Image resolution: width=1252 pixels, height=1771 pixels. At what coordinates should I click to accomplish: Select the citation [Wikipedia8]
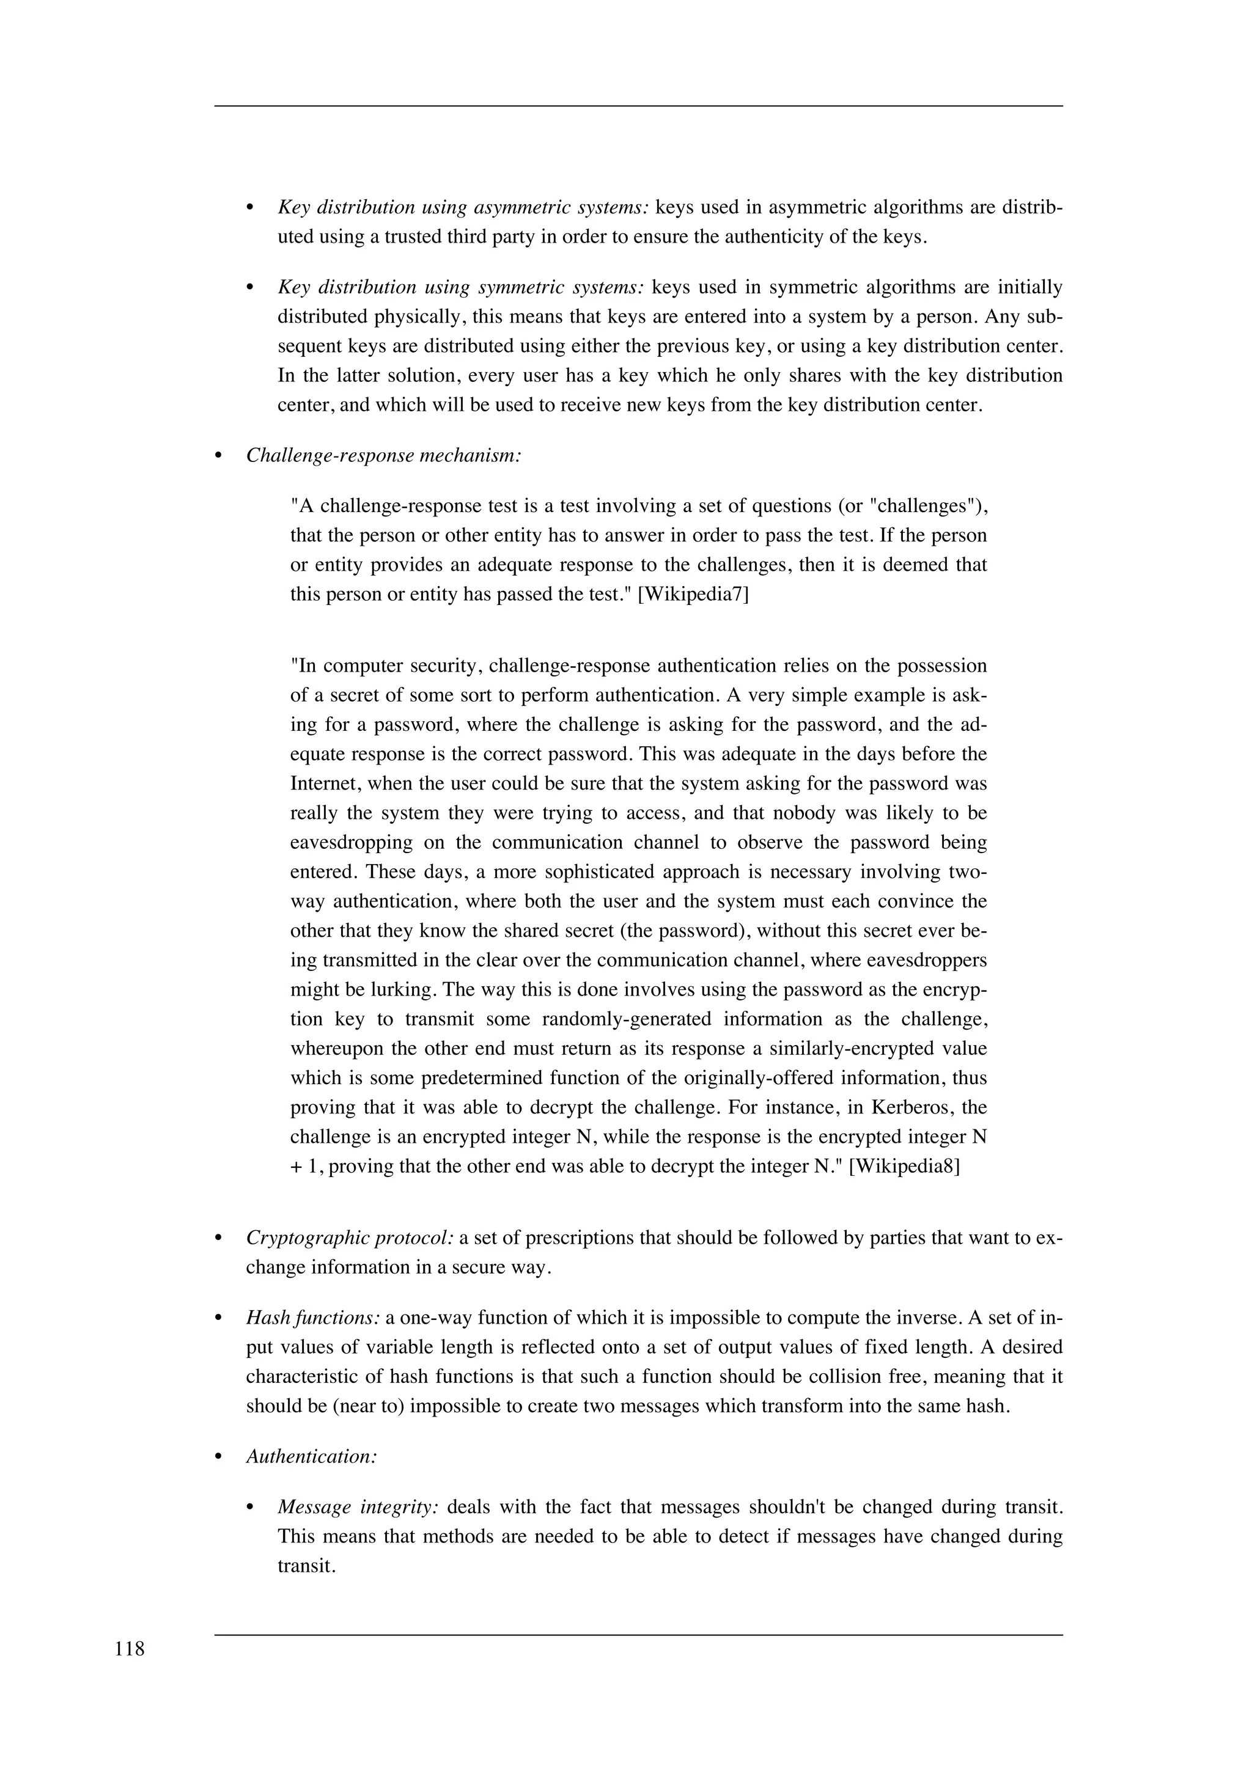click(x=904, y=1166)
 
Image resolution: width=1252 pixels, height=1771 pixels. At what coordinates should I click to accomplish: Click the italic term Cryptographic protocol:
click(x=350, y=1238)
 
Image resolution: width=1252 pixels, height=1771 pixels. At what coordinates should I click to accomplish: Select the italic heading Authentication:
click(x=312, y=1456)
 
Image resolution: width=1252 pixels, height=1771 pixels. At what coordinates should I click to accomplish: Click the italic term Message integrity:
click(x=358, y=1506)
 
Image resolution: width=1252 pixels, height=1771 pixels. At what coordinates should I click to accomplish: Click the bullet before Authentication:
click(x=218, y=1457)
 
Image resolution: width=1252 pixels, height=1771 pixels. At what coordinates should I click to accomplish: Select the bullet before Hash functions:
click(x=218, y=1318)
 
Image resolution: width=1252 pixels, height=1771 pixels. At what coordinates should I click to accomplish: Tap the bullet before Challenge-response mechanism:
click(x=218, y=456)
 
